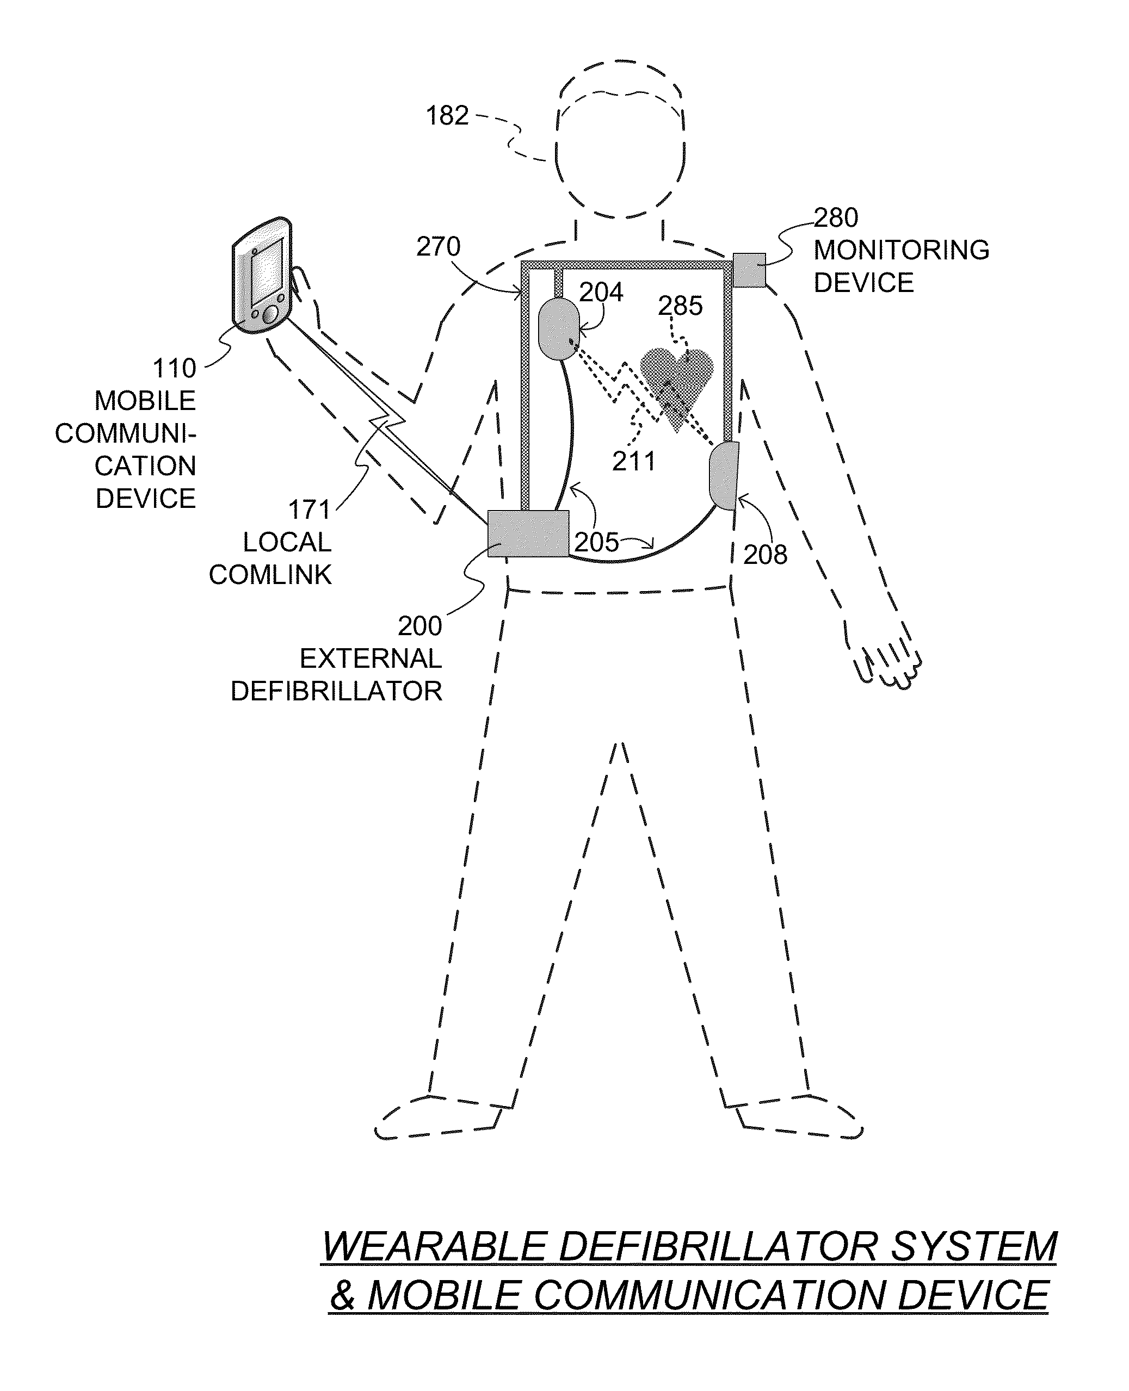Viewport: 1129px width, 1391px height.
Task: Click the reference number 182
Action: [447, 116]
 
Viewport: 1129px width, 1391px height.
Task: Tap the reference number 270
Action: [439, 247]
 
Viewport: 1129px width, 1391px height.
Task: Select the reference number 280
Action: [836, 218]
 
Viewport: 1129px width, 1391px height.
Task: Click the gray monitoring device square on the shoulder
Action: [749, 270]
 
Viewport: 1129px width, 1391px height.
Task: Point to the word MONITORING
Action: [902, 250]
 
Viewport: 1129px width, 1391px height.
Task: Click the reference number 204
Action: [601, 293]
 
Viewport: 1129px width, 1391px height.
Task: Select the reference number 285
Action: [680, 306]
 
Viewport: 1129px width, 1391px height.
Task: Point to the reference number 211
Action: [634, 462]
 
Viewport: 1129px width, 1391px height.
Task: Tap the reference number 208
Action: [766, 555]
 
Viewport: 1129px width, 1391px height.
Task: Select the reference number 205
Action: [596, 542]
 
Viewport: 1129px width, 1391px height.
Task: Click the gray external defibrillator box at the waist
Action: [528, 533]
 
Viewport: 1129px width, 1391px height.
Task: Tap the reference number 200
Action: [420, 626]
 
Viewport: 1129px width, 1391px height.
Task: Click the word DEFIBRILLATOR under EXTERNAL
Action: [336, 691]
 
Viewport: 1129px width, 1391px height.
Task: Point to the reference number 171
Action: [310, 510]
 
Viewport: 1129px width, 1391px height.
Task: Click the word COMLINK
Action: [270, 575]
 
